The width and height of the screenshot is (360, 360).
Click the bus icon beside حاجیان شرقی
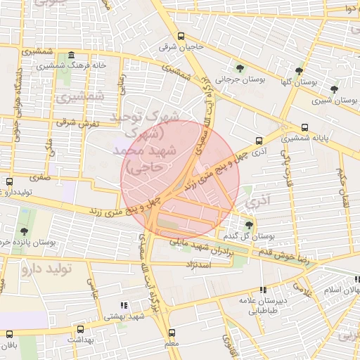[182, 37]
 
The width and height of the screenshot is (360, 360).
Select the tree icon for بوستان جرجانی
[240, 69]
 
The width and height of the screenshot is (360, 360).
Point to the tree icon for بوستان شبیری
[333, 89]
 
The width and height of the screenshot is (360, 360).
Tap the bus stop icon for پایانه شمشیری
[304, 128]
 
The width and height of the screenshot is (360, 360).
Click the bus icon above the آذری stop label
[259, 141]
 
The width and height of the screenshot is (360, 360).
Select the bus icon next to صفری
[8, 181]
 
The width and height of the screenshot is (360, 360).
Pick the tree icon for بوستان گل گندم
[249, 225]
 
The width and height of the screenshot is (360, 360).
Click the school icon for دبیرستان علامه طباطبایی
[263, 290]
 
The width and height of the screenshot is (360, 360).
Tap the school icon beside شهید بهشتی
[124, 306]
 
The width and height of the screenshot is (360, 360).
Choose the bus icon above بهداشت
[79, 328]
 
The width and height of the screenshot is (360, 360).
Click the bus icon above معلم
[170, 333]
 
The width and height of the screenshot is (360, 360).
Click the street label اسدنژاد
[199, 264]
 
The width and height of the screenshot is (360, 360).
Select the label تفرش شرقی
[70, 123]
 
